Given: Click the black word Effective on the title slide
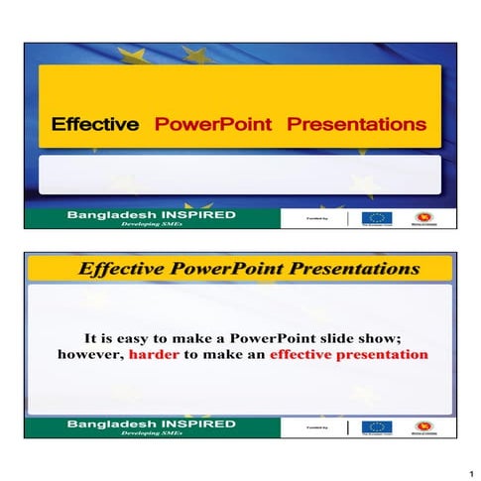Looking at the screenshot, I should (x=94, y=125).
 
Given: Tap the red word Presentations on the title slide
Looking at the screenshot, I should (x=356, y=125).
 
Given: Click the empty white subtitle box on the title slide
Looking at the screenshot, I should (x=239, y=175).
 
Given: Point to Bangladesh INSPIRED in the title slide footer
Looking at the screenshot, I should (x=151, y=214).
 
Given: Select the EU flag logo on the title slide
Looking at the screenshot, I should (x=376, y=218).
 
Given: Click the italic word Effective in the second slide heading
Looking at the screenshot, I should (x=119, y=268).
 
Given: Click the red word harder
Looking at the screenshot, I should (x=152, y=354).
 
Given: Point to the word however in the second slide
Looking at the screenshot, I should (x=91, y=354).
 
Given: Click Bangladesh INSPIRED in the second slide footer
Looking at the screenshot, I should (x=151, y=423).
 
